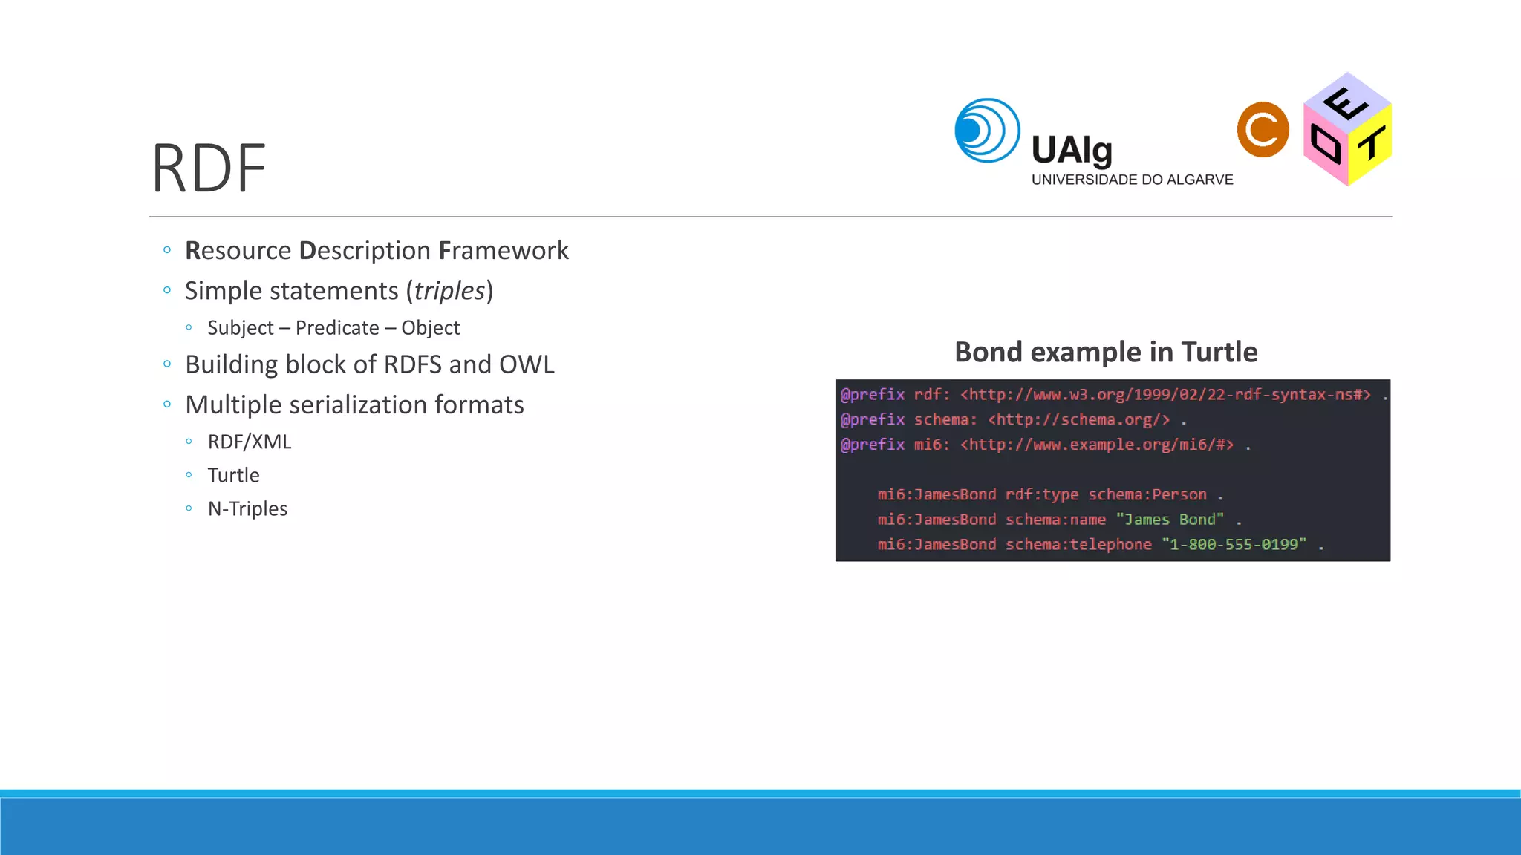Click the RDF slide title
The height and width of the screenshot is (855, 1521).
[209, 169]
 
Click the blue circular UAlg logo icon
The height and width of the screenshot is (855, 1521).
[987, 131]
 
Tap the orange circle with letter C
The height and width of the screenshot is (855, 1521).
[1263, 130]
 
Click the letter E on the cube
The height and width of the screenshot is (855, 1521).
[1346, 103]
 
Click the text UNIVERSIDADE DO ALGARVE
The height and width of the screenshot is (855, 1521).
[1132, 180]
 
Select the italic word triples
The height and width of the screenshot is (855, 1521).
[449, 291]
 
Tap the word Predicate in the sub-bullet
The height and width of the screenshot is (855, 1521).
[337, 328]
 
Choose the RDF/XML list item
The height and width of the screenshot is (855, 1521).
[250, 442]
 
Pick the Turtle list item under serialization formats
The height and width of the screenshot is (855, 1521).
[233, 475]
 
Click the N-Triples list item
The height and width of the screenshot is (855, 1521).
[247, 508]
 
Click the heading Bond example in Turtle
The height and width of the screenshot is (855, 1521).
[1105, 352]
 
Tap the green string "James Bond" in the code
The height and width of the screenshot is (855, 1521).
[1170, 520]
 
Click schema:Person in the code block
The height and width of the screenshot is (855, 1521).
[1147, 494]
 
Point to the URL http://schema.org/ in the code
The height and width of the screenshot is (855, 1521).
[1078, 419]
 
